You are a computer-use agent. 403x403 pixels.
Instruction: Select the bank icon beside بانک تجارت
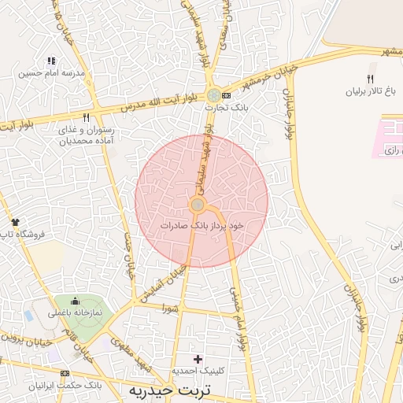point(227,95)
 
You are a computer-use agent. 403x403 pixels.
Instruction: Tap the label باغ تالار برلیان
point(373,91)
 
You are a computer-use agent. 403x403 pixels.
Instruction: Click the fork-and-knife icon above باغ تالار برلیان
point(370,79)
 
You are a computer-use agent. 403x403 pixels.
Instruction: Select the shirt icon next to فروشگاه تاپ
point(14,223)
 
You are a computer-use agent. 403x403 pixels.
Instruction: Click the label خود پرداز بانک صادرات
point(201,225)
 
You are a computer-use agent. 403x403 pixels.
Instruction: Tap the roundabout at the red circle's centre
point(198,205)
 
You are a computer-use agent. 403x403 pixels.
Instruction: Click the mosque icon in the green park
point(75,301)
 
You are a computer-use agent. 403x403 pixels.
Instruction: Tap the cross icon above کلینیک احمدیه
point(198,359)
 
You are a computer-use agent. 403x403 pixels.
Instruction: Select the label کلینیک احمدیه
point(198,370)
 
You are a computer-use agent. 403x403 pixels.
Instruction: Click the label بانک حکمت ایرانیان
point(67,386)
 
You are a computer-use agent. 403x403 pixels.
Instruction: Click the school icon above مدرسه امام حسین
point(52,61)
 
